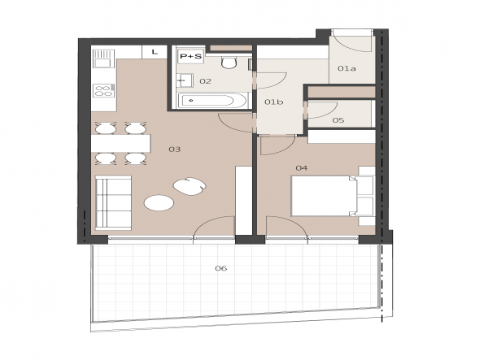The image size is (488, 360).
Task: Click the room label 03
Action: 175,150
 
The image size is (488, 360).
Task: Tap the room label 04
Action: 301,168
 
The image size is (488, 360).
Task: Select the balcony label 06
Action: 221,268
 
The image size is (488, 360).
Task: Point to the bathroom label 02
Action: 206,81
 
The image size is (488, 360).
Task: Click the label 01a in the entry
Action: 346,68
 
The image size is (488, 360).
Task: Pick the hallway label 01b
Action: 274,102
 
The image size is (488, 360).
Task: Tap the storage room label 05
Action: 338,120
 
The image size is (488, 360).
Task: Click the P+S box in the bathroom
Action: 191,56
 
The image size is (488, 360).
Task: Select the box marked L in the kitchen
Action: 155,52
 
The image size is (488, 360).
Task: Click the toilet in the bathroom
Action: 229,63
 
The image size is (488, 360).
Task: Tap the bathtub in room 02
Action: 212,101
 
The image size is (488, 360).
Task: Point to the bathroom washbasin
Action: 185,80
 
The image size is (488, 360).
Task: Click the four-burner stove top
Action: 103,90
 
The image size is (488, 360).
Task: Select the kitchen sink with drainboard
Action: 103,59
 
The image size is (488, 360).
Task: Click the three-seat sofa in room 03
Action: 113,203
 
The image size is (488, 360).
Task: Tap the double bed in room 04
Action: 333,196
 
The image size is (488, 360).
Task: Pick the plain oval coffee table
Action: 159,203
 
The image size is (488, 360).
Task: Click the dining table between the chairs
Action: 120,143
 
